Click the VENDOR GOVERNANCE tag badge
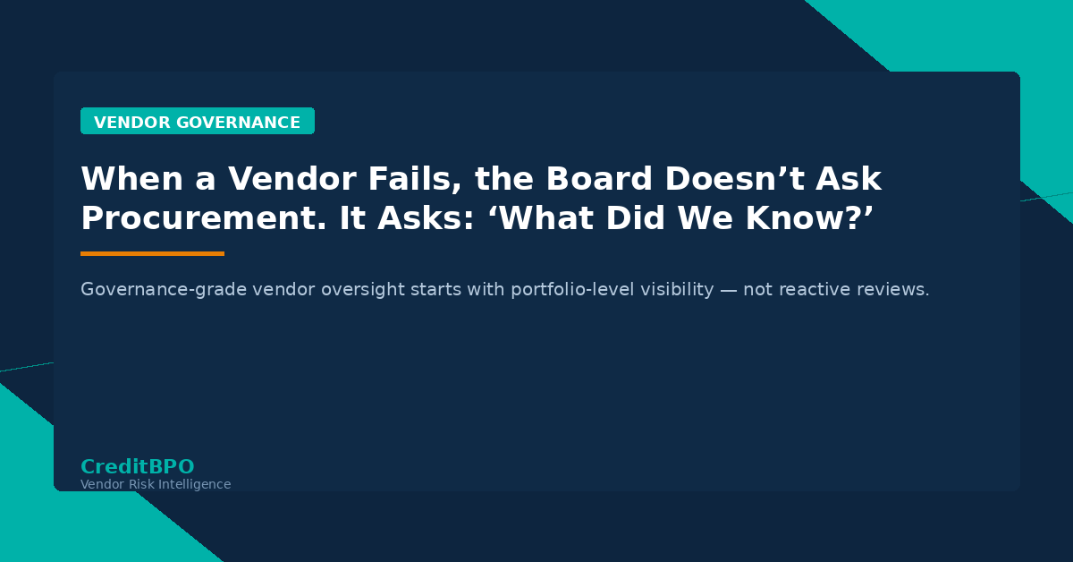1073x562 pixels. click(x=197, y=122)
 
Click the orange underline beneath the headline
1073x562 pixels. click(x=152, y=254)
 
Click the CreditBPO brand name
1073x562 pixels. click(x=137, y=466)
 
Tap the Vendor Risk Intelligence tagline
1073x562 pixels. click(x=156, y=484)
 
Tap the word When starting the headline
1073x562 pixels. click(x=126, y=180)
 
